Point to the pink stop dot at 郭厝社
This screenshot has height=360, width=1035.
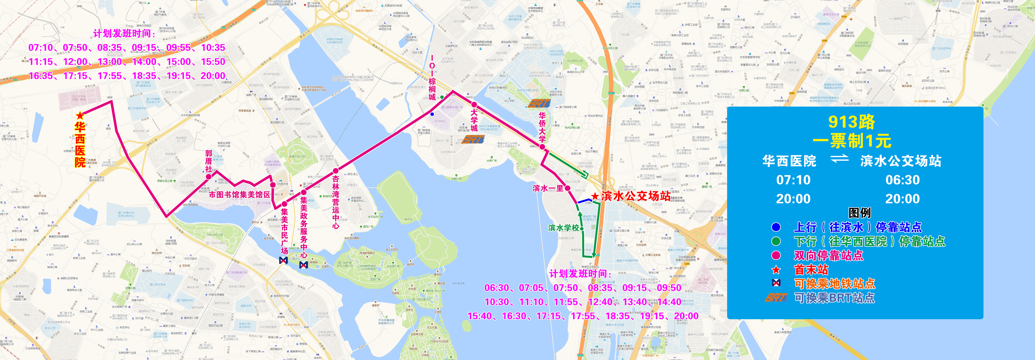[208, 176]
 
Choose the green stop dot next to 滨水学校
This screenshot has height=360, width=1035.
[582, 228]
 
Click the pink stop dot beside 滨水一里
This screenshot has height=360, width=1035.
[567, 188]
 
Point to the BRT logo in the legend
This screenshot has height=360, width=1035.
[775, 298]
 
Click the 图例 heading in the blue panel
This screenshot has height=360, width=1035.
[859, 213]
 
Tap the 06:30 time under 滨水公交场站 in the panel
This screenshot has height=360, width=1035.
[902, 180]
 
